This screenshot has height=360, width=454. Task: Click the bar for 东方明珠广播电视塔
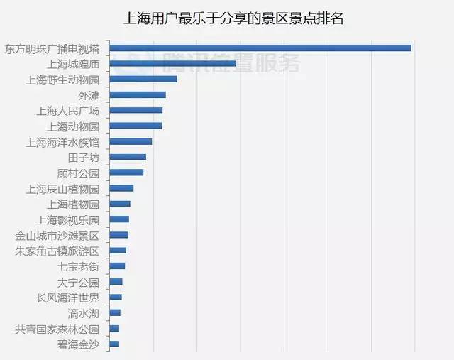[261, 48]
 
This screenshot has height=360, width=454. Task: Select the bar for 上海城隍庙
[173, 63]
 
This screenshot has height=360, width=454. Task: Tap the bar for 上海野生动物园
[143, 79]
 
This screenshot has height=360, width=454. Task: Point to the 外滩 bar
[138, 94]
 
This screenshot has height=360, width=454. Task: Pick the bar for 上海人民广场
[136, 110]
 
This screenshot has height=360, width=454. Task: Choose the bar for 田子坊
[128, 157]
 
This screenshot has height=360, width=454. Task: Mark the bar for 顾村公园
[126, 173]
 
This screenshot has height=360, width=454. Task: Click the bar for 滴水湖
[115, 312]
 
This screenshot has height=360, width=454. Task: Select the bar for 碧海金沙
[114, 344]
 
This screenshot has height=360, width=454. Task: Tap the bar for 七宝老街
[117, 266]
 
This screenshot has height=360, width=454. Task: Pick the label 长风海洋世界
[68, 298]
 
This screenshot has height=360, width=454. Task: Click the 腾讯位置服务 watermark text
[231, 62]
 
